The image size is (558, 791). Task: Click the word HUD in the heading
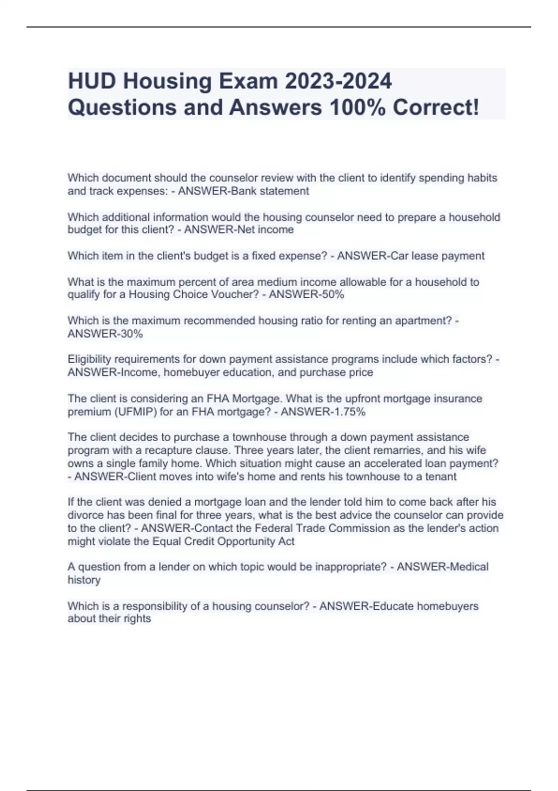pyautogui.click(x=92, y=81)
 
